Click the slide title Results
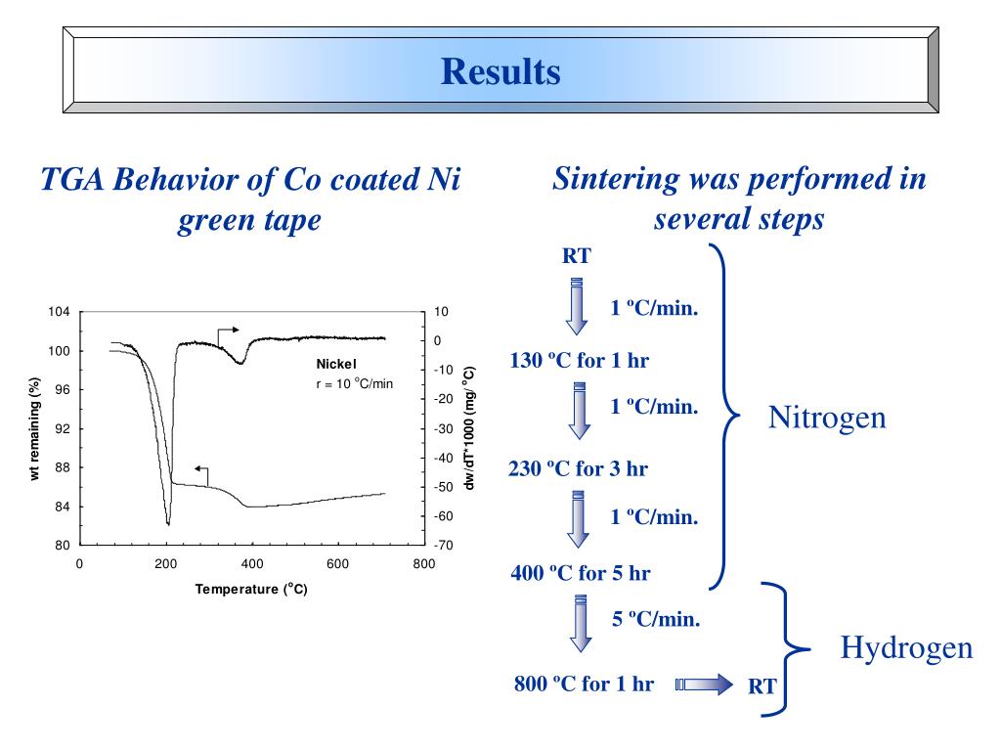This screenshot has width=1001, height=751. coord(500,71)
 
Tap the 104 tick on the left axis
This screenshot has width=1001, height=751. coord(59,312)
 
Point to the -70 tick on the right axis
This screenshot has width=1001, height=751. coord(443,546)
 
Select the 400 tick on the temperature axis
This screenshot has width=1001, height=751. coord(252,564)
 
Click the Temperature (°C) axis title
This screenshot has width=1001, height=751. coord(251,589)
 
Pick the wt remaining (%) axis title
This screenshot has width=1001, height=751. coord(35,428)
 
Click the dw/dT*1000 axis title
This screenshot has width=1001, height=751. coord(469,428)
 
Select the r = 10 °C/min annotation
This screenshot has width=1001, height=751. coord(354,383)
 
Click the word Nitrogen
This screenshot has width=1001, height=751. coord(826,419)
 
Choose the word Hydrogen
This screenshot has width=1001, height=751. coord(906,647)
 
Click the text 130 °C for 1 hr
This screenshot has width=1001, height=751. coord(579,361)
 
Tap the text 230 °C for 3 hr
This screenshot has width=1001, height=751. coord(578,468)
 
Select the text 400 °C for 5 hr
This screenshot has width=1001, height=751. coord(580,573)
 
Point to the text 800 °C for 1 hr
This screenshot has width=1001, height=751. coord(584,684)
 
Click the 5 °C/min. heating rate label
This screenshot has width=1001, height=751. coord(655,619)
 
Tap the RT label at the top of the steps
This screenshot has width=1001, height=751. coord(576,256)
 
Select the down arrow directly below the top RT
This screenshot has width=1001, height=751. coord(577,306)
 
